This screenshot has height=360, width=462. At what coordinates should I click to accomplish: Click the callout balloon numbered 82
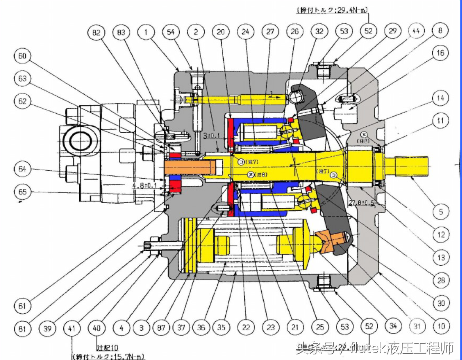(96, 32)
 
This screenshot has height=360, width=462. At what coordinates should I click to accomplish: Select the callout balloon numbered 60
(23, 56)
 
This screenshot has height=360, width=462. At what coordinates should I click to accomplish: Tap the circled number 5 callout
(441, 211)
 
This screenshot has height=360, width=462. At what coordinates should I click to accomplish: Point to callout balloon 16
(441, 53)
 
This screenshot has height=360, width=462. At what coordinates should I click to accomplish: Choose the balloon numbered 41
(72, 328)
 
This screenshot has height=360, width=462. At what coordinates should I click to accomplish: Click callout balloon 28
(441, 281)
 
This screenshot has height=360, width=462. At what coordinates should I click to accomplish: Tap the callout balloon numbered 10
(441, 327)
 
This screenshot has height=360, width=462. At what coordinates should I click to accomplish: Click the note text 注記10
(107, 348)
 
